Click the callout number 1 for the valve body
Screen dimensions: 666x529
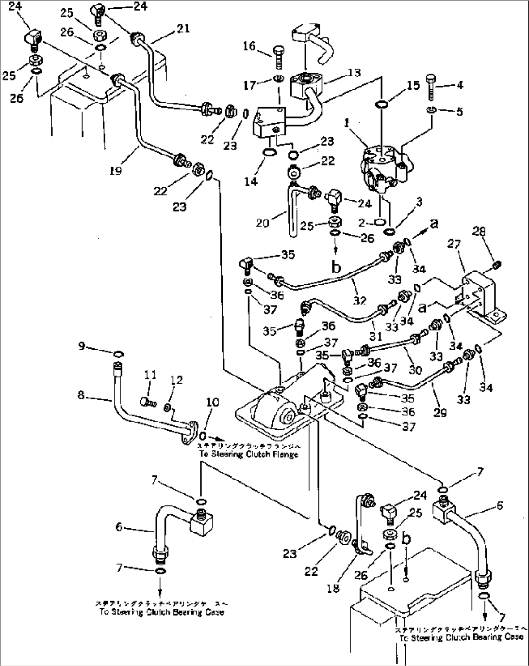pos(347,124)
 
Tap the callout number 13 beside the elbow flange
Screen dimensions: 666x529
pos(354,73)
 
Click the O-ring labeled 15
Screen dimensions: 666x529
pos(381,104)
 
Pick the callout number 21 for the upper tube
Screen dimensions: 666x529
pos(182,29)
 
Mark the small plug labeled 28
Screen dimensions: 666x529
pos(496,265)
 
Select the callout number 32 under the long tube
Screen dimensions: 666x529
pos(359,301)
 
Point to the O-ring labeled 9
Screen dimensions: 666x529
pos(118,353)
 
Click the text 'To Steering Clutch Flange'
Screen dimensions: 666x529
pos(248,454)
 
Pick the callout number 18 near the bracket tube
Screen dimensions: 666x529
pos(333,587)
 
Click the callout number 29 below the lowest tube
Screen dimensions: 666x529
pos(440,413)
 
